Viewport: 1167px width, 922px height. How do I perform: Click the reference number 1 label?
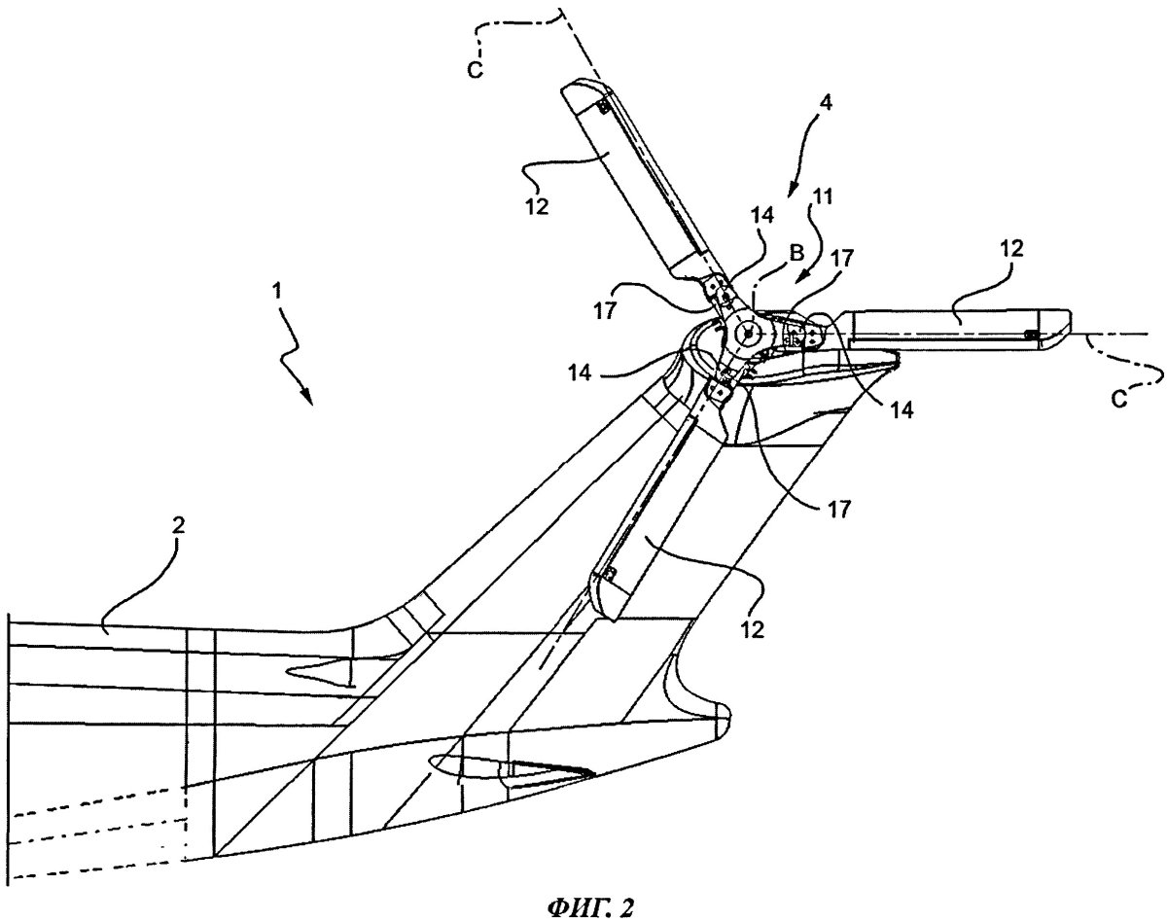coord(278,291)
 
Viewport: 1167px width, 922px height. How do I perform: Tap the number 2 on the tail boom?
coord(179,525)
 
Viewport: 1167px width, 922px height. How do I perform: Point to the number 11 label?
coord(821,196)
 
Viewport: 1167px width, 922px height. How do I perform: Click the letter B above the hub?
coord(797,254)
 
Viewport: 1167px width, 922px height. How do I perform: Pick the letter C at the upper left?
coord(475,70)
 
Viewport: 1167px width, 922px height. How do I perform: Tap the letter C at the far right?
coord(1119,399)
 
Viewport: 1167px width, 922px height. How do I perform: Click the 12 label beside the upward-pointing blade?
coord(537,206)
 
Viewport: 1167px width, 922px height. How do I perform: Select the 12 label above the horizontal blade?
coord(1010,248)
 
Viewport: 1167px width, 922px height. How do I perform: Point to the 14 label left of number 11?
coord(761,215)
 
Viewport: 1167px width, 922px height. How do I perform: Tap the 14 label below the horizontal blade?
coord(902,410)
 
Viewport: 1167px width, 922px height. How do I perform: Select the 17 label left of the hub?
coord(604,311)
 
